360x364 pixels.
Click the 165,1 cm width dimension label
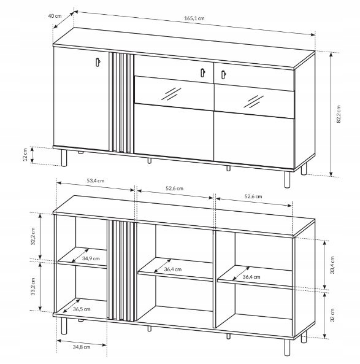194,18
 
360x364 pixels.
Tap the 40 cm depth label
55,16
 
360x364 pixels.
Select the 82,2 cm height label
339,114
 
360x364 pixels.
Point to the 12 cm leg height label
25,154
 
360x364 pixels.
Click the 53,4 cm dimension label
95,180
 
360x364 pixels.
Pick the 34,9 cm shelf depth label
91,258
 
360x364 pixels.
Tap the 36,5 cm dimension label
82,309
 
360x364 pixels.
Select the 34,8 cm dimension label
82,347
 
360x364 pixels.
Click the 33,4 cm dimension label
332,265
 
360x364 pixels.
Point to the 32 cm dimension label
332,315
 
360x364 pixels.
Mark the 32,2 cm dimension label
33,236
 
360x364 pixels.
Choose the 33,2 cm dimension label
33,287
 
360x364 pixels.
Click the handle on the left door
98,62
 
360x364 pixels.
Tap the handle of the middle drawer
202,72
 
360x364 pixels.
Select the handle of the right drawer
223,74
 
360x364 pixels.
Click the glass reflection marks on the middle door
171,94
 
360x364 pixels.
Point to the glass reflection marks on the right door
253,101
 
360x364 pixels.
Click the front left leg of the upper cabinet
64,158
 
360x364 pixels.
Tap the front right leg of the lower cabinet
287,347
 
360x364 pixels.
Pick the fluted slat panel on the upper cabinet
121,103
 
